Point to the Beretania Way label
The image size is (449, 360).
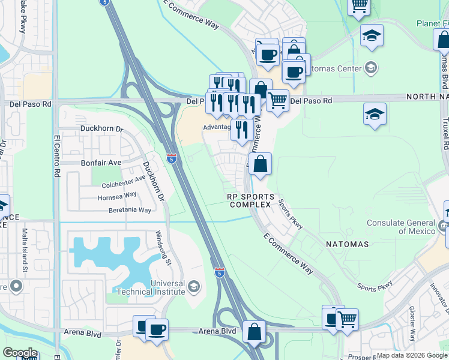click(130, 210)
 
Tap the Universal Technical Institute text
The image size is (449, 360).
click(152, 287)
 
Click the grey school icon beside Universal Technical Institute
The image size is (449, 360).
click(194, 287)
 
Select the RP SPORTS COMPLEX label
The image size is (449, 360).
click(251, 200)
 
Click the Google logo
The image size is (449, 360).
click(20, 353)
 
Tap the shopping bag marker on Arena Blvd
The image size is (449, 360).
click(255, 331)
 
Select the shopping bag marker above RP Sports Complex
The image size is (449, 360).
click(261, 164)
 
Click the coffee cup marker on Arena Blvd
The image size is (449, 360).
click(157, 329)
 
